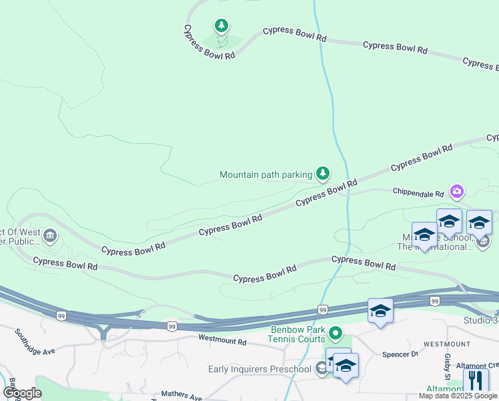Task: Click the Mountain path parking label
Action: click(266, 175)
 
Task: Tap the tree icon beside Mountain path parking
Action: click(323, 174)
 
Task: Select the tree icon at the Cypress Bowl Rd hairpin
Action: click(221, 26)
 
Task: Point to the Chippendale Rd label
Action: click(418, 194)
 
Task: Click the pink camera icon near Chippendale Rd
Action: click(457, 192)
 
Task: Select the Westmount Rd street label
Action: click(222, 342)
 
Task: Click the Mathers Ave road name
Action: click(181, 397)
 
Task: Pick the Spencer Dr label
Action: click(400, 354)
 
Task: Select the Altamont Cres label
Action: click(478, 366)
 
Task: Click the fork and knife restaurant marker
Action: click(476, 382)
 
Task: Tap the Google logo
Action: click(22, 393)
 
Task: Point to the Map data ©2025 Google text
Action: click(457, 396)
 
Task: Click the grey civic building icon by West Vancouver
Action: click(51, 236)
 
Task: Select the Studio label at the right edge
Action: click(480, 321)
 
